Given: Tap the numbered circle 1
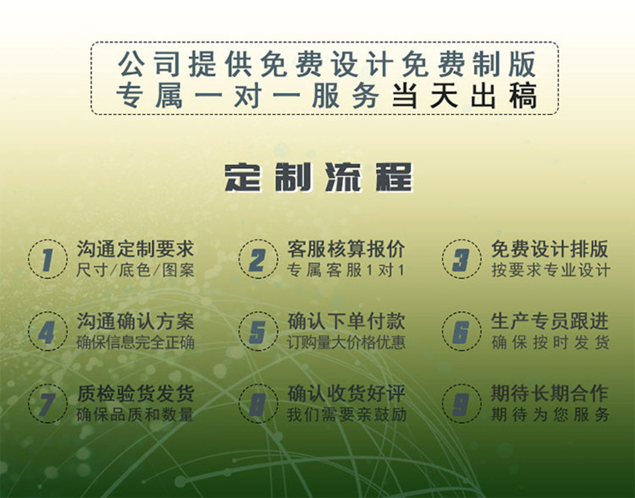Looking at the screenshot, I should (x=47, y=259).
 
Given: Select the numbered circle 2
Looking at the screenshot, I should (x=257, y=259).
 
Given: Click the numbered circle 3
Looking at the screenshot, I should (x=461, y=259).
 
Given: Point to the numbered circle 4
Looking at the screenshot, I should (x=47, y=332).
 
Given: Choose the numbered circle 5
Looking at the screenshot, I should (x=257, y=332).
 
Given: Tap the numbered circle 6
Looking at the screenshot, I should (x=461, y=332).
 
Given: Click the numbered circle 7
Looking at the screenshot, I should (x=47, y=404).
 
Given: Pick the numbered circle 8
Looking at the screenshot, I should (x=257, y=404).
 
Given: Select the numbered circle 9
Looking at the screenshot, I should (x=461, y=404).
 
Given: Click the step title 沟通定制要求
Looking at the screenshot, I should (x=135, y=249).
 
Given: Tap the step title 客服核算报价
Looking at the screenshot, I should (x=346, y=249).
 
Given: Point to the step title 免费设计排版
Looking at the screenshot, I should (x=550, y=249).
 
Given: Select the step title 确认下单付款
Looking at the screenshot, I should (x=346, y=321).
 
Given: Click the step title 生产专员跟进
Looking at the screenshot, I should (x=550, y=321).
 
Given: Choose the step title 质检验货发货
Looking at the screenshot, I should (x=135, y=394).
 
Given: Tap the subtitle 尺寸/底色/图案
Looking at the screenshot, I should (x=135, y=271).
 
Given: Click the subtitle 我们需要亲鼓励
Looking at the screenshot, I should (x=346, y=415).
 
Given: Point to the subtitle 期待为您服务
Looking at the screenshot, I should (x=550, y=415).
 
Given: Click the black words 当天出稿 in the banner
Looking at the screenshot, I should (x=464, y=96).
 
